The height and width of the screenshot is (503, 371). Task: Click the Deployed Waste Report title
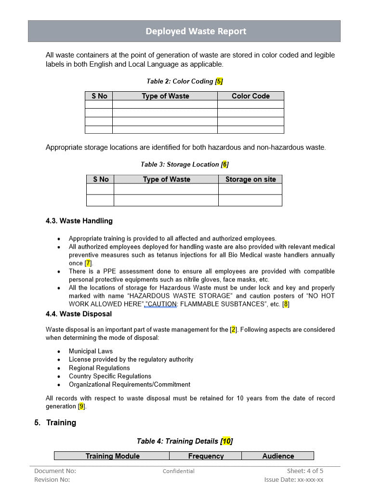click(196, 31)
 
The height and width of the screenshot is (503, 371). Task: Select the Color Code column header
click(251, 96)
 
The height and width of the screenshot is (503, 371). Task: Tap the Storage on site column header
click(251, 180)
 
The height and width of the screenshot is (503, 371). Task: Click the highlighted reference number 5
click(219, 82)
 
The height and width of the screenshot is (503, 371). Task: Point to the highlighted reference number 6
click(225, 165)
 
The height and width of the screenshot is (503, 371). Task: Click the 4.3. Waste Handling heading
click(79, 221)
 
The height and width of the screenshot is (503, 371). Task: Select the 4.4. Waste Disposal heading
click(79, 314)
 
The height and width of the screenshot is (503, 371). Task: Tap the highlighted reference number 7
click(88, 264)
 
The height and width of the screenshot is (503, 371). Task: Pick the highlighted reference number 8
click(286, 304)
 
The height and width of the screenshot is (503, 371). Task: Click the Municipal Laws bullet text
click(91, 351)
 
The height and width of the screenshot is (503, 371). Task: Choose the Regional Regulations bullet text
click(99, 368)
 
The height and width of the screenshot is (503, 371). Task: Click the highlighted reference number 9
click(82, 406)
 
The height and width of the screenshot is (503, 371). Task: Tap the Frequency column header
click(206, 456)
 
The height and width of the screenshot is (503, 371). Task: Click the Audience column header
click(278, 456)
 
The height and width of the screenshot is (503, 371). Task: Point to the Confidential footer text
click(178, 471)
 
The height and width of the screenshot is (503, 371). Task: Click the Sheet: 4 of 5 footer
click(305, 471)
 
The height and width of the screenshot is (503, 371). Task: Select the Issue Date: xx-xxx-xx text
click(294, 480)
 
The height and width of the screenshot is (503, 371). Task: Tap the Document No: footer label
click(55, 471)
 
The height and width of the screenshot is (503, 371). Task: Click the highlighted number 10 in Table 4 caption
click(226, 441)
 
